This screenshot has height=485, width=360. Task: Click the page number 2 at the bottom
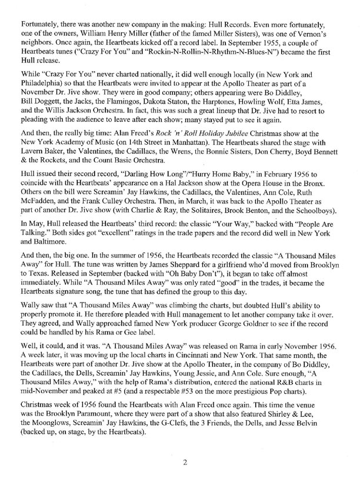click(x=184, y=463)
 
